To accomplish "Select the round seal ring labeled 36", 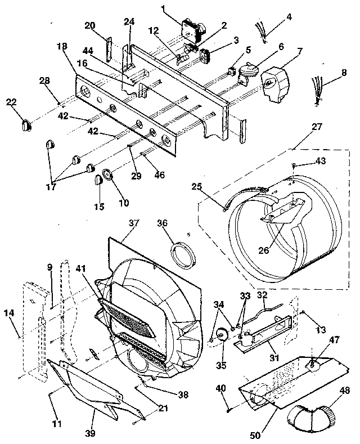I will [x=182, y=254].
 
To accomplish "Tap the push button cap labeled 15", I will [x=96, y=180].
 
